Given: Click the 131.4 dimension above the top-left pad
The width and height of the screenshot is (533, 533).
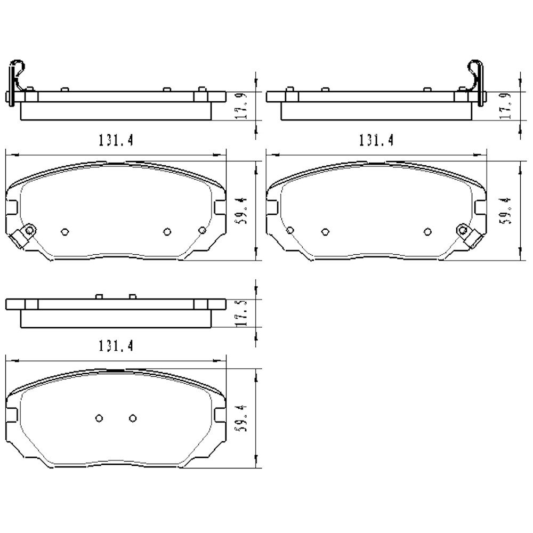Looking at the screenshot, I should click(x=115, y=140).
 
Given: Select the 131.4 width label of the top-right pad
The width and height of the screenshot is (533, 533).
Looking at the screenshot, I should click(x=376, y=140).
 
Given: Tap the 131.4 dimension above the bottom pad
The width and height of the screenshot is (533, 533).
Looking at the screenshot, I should click(x=115, y=346).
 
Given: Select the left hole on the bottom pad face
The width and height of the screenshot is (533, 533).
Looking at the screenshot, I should click(x=99, y=418).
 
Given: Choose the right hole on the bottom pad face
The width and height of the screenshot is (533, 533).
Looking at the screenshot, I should click(x=133, y=418).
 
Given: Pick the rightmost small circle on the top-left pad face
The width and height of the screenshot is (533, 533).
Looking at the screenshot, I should click(x=201, y=230).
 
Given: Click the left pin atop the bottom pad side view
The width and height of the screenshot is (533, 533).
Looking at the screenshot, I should click(x=99, y=296).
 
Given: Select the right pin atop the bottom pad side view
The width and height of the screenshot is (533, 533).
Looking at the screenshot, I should click(x=133, y=296).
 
